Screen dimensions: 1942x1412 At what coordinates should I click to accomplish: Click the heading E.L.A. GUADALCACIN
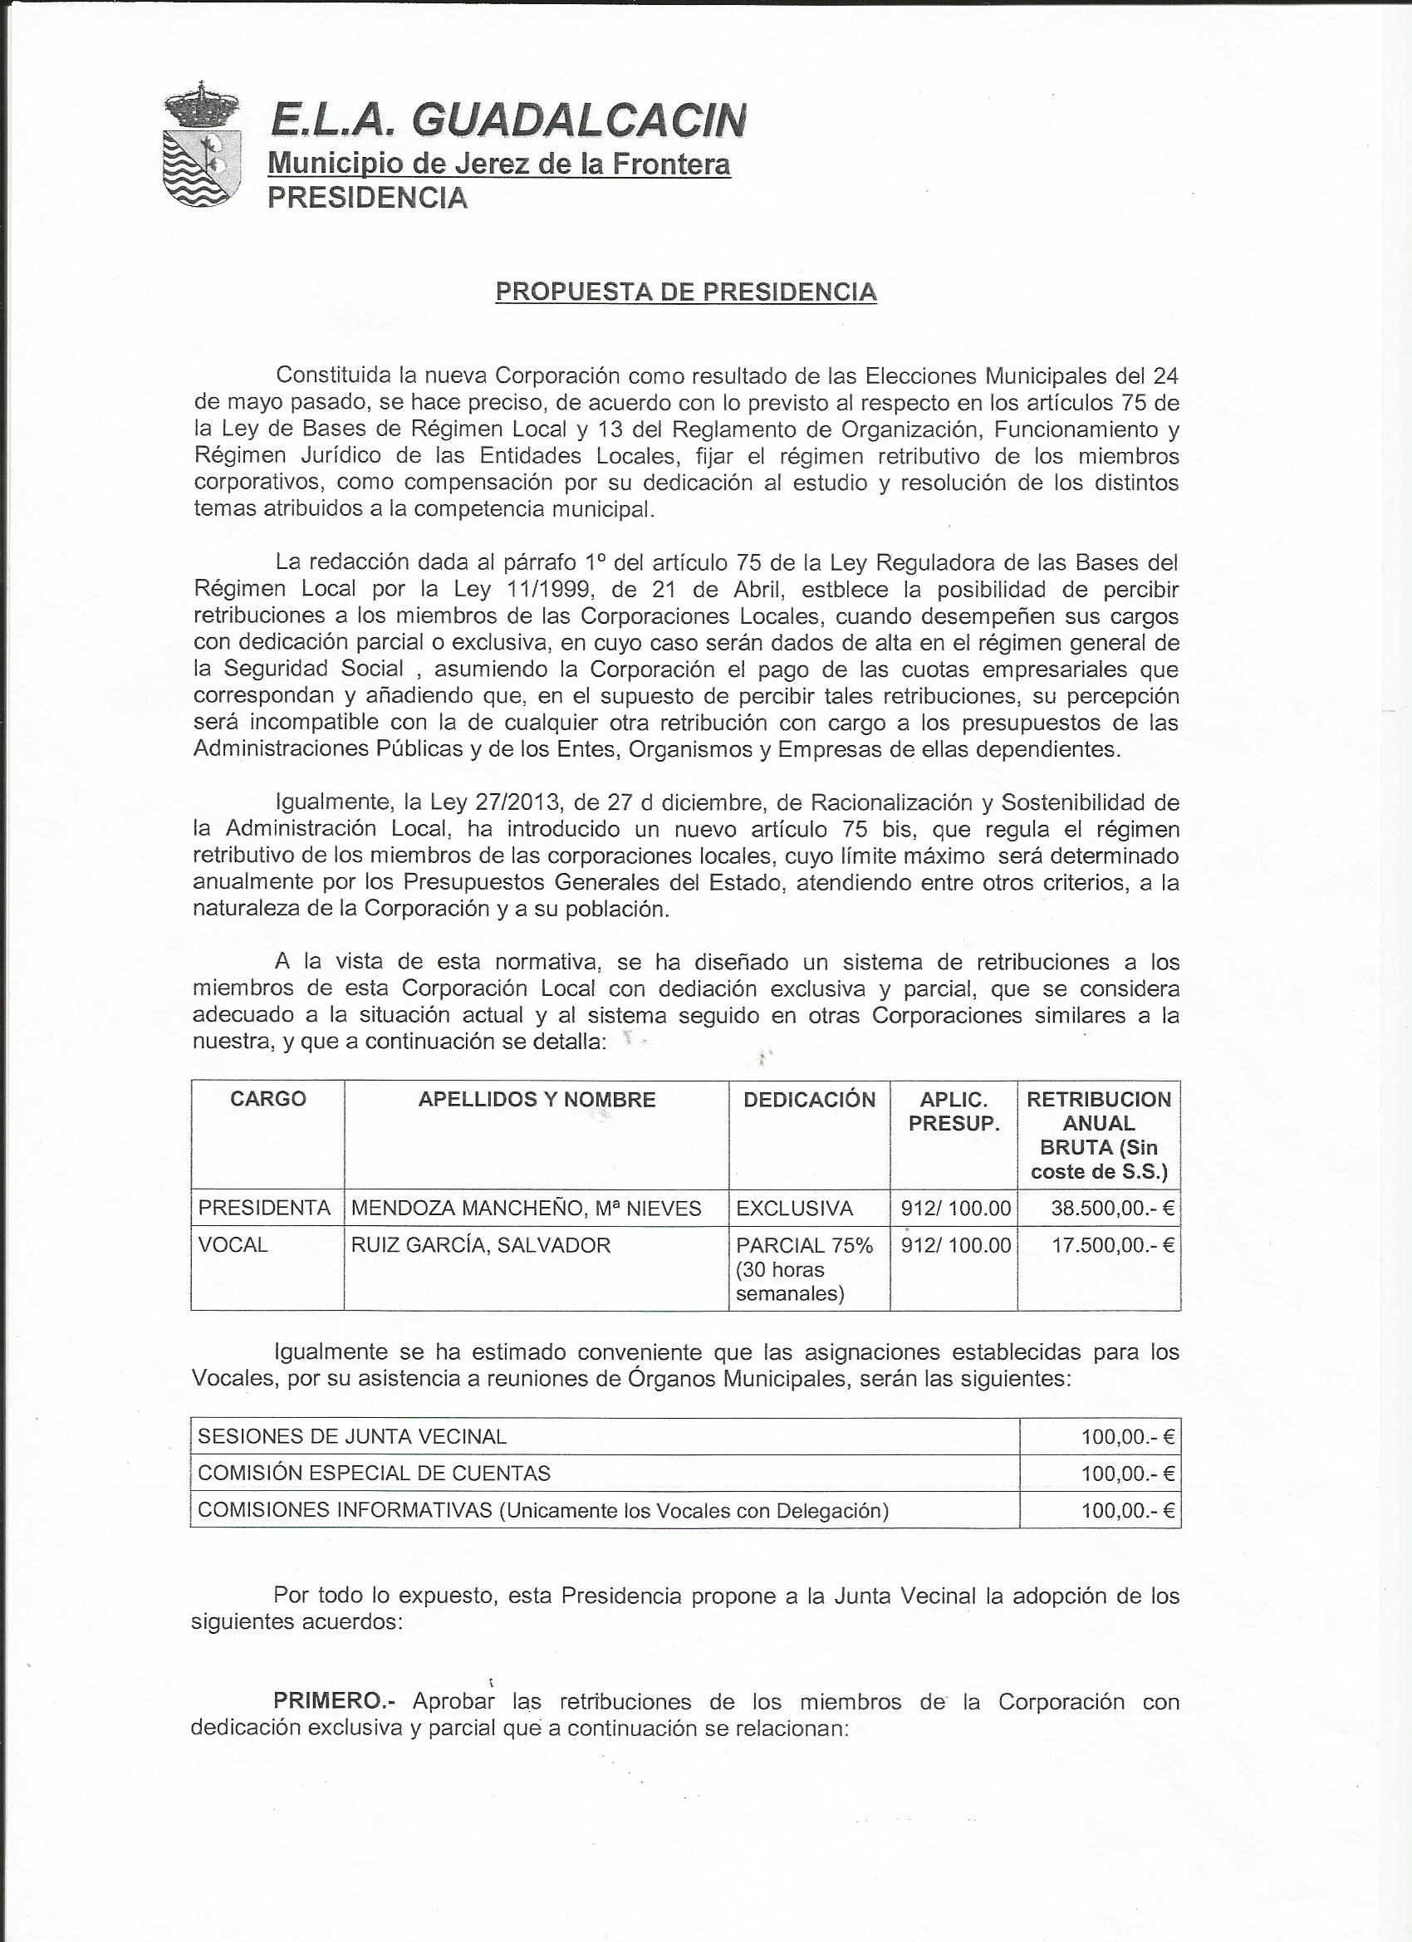tap(507, 120)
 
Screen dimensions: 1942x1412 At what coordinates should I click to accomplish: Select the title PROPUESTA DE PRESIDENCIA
tap(686, 292)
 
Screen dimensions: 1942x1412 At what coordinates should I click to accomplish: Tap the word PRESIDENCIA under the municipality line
tap(367, 198)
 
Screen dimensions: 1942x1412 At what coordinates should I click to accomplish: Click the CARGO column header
tap(267, 1100)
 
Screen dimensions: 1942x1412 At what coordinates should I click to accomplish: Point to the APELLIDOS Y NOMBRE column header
tap(536, 1100)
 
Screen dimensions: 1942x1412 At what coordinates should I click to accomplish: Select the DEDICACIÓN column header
tap(809, 1100)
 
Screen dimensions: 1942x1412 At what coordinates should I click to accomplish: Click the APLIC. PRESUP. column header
tap(954, 1111)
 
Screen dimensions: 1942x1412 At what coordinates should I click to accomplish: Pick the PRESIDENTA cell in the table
tap(264, 1209)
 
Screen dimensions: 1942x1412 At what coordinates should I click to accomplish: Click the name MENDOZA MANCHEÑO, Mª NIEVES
tap(526, 1209)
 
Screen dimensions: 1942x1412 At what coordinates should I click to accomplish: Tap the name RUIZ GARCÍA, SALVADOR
tap(480, 1245)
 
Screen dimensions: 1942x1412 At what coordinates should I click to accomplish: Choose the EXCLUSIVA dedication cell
tap(794, 1209)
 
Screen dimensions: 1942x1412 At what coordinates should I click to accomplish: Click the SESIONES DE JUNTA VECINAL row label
tap(352, 1437)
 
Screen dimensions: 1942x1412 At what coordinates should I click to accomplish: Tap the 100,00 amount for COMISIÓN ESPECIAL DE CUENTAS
tap(1126, 1474)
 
